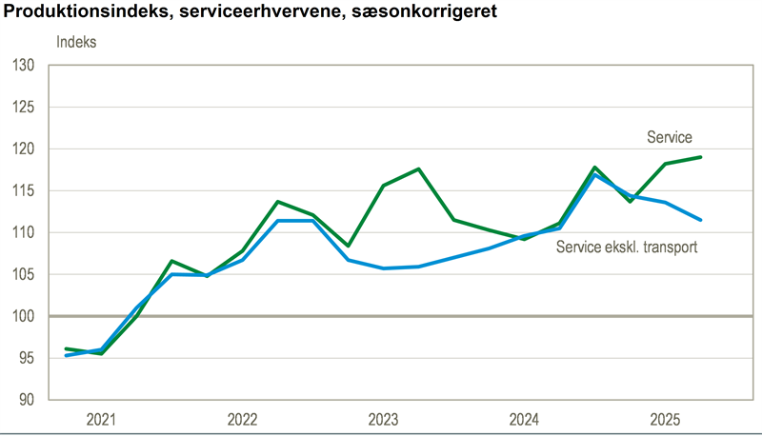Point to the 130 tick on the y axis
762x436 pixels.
[24, 66]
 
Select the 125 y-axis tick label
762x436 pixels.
[24, 108]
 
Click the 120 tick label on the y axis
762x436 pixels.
[24, 149]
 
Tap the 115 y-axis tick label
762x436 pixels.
[24, 191]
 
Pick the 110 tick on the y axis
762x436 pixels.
[24, 233]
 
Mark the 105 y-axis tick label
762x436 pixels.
[24, 275]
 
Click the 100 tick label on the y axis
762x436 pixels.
[24, 317]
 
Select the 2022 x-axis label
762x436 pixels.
[243, 420]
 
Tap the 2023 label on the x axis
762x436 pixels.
[384, 420]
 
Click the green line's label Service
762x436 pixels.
[670, 138]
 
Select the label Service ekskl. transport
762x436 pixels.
[627, 248]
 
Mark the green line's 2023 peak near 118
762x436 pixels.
[419, 168]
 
